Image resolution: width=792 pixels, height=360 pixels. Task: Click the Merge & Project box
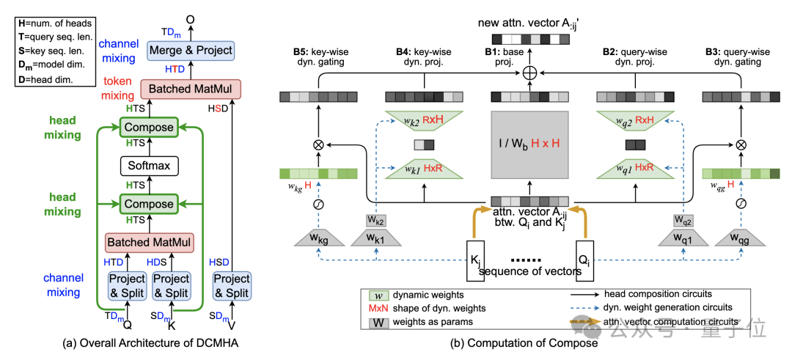(x=190, y=51)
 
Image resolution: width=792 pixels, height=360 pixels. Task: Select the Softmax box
(x=149, y=166)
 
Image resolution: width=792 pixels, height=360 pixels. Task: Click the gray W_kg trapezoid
(x=319, y=239)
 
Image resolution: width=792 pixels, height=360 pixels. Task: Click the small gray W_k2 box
(x=375, y=220)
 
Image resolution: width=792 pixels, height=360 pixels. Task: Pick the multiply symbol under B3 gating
(x=741, y=144)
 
